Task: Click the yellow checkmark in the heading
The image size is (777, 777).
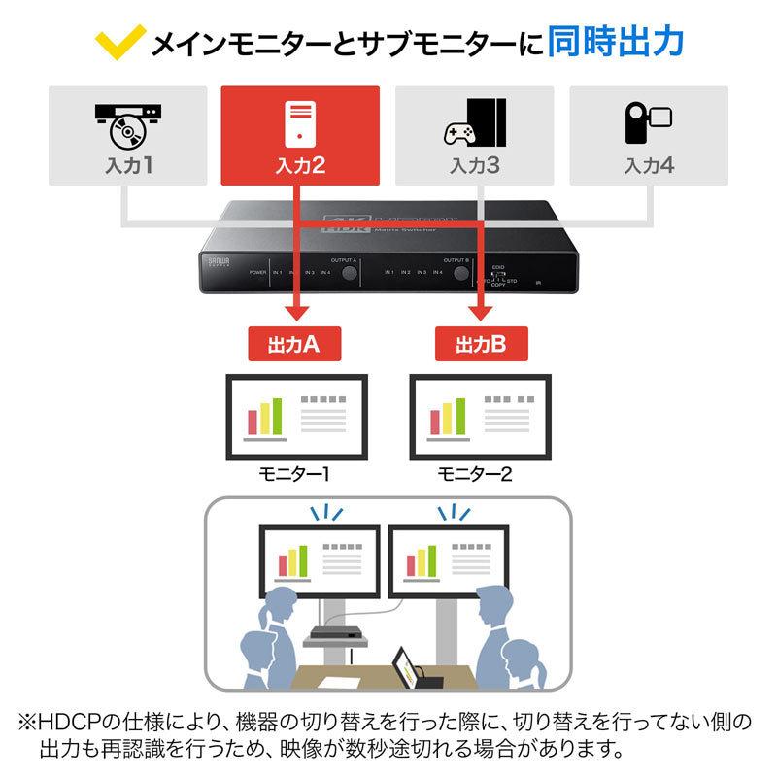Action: coord(108,42)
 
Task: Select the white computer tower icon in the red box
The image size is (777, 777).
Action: coord(300,122)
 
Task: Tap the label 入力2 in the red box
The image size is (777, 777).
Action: coord(300,166)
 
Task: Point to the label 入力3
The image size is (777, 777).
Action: coord(474,165)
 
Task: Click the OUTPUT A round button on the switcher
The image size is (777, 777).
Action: coord(346,276)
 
